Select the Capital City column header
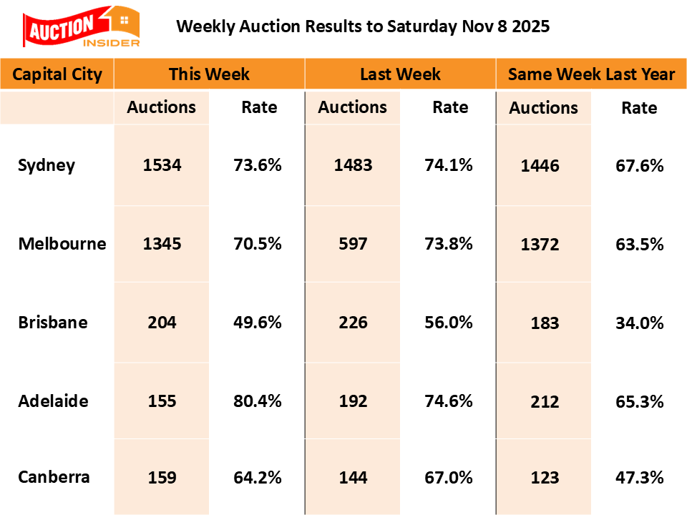point(57,74)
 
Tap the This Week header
point(209,74)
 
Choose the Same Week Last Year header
point(591,74)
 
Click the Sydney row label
point(47,165)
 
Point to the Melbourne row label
point(62,243)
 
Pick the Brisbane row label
point(53,322)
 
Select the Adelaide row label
point(54,401)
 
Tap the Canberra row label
point(54,477)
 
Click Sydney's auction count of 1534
point(162,165)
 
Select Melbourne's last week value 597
point(353,243)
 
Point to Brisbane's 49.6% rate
point(258,322)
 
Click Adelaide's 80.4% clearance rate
point(258,401)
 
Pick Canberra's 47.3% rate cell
point(640,478)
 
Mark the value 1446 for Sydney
point(544,166)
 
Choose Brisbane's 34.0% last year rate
point(640,323)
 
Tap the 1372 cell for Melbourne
point(544,244)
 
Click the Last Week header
point(400,74)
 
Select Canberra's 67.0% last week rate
point(449,477)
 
